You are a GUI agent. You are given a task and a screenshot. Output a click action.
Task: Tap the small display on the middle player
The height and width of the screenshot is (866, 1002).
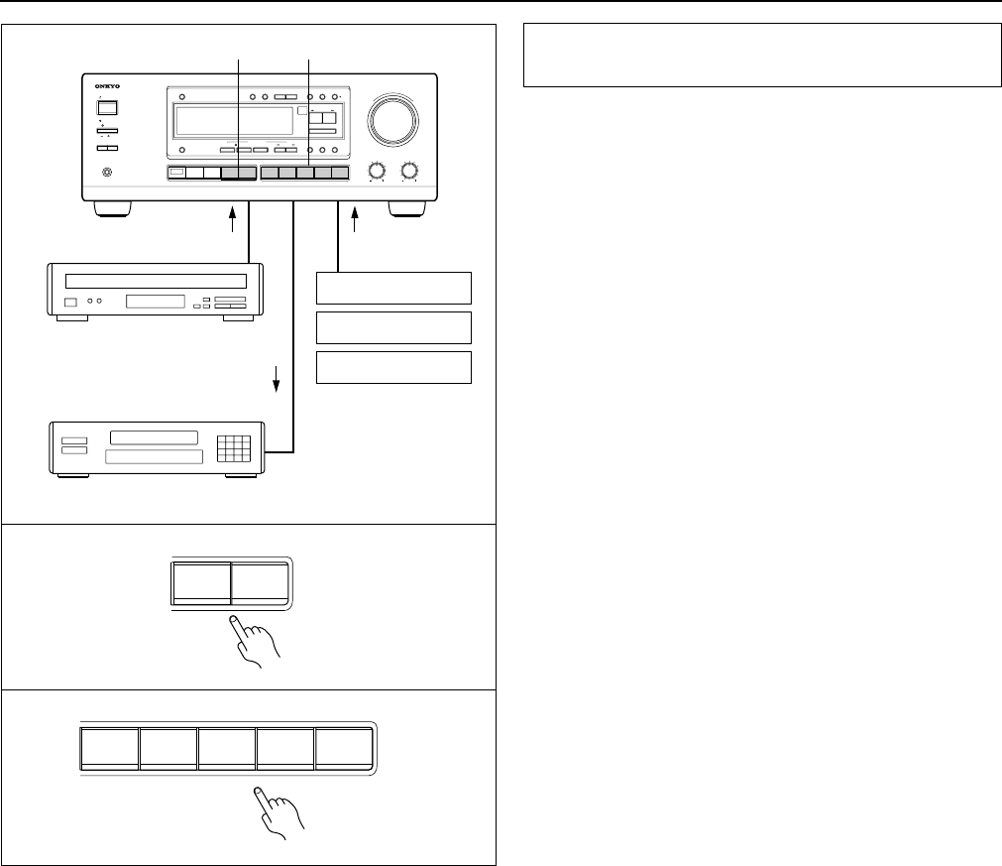[x=155, y=301]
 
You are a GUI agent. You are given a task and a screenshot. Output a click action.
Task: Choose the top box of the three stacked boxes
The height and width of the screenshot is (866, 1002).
[x=392, y=288]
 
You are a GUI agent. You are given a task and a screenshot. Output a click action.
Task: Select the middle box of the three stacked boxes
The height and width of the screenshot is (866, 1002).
[x=392, y=327]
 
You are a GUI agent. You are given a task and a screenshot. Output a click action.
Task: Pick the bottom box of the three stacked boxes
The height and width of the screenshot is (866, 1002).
[x=392, y=366]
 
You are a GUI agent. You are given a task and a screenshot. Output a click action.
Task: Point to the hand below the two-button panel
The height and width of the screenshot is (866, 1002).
[x=255, y=644]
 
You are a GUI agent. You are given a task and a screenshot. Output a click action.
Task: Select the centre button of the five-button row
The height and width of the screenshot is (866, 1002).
[x=227, y=747]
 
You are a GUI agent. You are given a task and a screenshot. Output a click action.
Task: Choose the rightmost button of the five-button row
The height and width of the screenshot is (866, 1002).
[x=344, y=747]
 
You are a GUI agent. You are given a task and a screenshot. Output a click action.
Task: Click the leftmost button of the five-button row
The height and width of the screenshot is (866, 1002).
[x=109, y=747]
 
